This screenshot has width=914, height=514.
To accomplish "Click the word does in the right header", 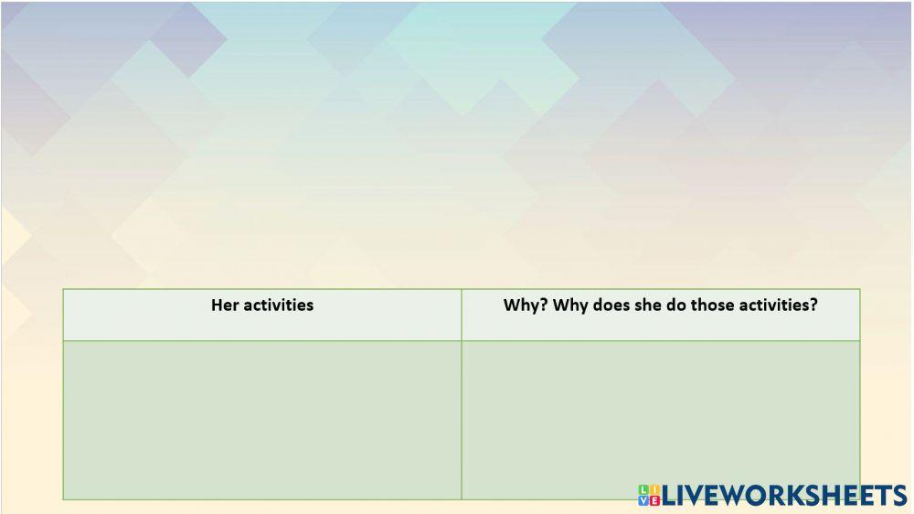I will (x=611, y=305).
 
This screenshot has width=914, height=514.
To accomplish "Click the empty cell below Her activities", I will (x=262, y=420).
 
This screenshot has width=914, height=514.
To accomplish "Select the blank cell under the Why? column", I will (x=661, y=420).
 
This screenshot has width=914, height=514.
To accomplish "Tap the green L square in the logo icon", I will (x=643, y=490).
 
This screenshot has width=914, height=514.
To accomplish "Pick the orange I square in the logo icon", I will (x=654, y=490).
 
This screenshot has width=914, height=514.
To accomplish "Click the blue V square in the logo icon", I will (x=643, y=501).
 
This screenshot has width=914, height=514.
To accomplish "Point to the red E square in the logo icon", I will (x=654, y=501).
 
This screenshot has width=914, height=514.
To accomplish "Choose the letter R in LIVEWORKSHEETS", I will (x=774, y=496).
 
